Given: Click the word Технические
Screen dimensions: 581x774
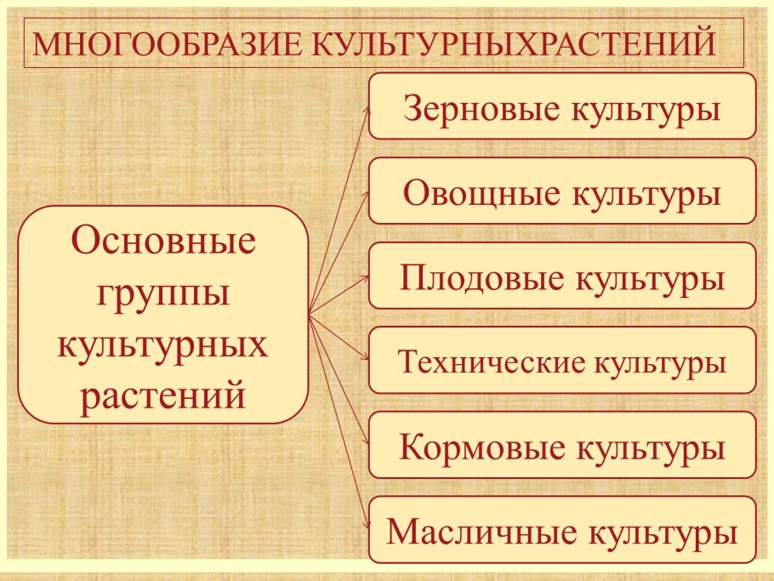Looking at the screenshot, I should tap(492, 362).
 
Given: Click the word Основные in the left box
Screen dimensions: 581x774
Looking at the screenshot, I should tap(163, 242).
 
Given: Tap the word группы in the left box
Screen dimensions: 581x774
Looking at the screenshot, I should tap(163, 294).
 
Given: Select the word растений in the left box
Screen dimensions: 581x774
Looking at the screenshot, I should tap(163, 395).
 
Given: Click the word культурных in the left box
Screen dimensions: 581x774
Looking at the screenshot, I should tap(163, 345).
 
